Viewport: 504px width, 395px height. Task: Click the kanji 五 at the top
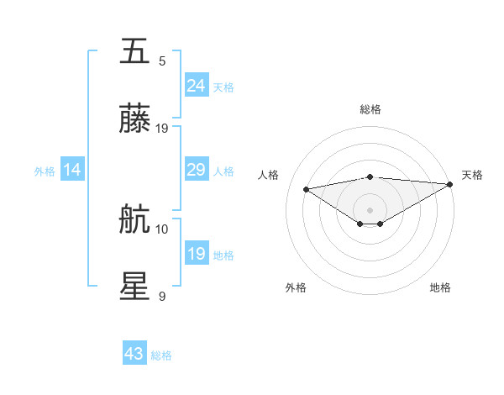(135, 52)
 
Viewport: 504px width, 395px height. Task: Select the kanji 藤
(135, 119)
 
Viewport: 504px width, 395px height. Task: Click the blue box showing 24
(197, 86)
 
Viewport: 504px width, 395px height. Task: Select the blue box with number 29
(197, 170)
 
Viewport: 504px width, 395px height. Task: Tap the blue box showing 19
(197, 254)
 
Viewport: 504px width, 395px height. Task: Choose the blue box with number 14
(72, 170)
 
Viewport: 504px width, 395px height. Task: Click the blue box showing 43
(134, 354)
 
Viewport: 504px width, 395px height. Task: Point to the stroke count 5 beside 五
(162, 61)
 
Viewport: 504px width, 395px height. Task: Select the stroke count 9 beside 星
(162, 296)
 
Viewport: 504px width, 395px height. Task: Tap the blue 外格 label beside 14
(45, 171)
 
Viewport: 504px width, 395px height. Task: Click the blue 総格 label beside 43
(162, 355)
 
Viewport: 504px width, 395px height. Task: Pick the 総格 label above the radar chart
(370, 109)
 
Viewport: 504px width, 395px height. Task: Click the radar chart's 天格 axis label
(472, 175)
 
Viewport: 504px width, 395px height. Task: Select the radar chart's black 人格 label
(269, 175)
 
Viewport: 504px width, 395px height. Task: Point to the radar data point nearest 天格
(451, 184)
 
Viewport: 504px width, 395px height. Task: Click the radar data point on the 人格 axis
(307, 188)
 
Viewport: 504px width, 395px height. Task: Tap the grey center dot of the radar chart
(370, 209)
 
